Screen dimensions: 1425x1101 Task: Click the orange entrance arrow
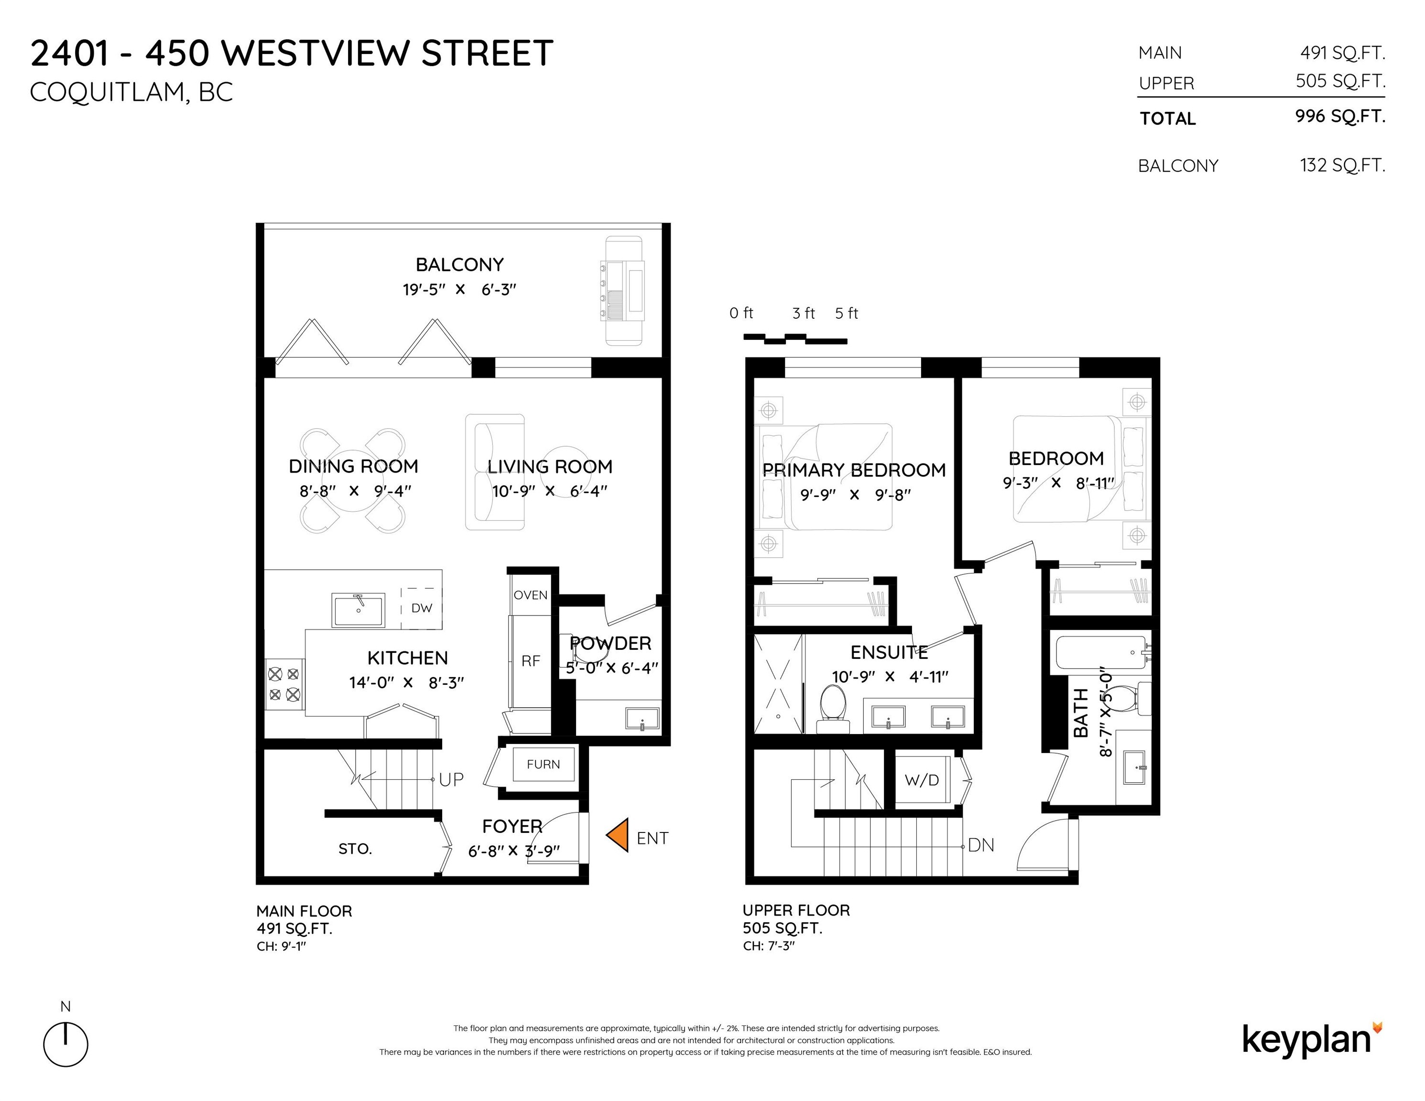point(618,835)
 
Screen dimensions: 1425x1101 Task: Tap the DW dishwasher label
point(422,608)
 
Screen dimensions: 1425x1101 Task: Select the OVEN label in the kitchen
point(531,595)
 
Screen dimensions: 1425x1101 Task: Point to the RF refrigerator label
point(531,661)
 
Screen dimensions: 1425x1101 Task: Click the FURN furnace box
point(543,764)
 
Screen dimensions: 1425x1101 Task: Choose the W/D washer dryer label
point(922,780)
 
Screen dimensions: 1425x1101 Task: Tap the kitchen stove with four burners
point(284,685)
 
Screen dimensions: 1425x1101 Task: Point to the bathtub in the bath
point(1101,652)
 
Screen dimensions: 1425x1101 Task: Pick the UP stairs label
point(451,779)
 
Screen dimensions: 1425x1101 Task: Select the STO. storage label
point(355,849)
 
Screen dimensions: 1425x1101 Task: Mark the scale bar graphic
point(795,338)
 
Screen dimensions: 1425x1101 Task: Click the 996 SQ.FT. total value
point(1340,116)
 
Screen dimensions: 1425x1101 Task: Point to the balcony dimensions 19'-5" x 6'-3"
point(459,289)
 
